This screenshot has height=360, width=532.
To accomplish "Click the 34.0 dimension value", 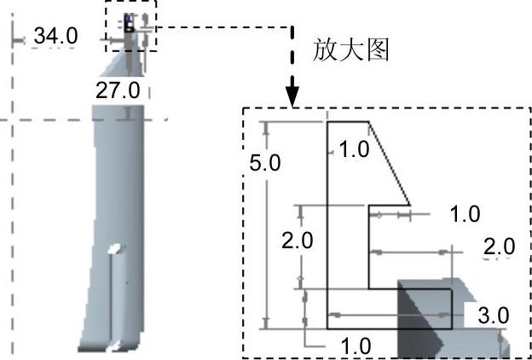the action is coord(55,36).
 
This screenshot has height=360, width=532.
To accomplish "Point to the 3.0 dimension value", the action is coord(493,316).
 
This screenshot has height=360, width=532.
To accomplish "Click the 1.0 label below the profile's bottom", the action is coord(355,346).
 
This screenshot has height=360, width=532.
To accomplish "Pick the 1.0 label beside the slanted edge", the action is coord(353,150).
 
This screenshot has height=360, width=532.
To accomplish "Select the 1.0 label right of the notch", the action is coord(464,214).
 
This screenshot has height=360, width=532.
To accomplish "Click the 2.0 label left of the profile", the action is coord(297,240).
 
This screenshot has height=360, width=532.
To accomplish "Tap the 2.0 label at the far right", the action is coord(499,247).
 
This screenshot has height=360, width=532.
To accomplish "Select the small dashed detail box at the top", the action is coord(131,26).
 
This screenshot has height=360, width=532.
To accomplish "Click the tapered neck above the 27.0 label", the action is coord(124,64).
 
